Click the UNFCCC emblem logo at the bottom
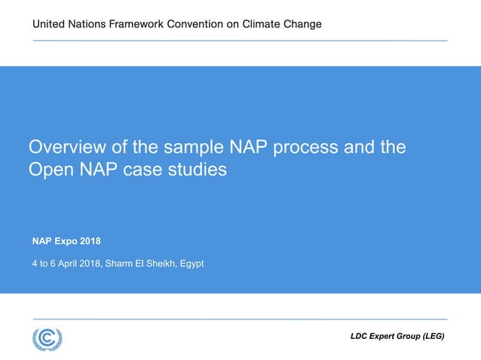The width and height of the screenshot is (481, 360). pyautogui.click(x=47, y=338)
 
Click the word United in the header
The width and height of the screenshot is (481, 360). pyautogui.click(x=50, y=24)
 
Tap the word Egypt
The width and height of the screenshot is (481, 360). pyautogui.click(x=190, y=264)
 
